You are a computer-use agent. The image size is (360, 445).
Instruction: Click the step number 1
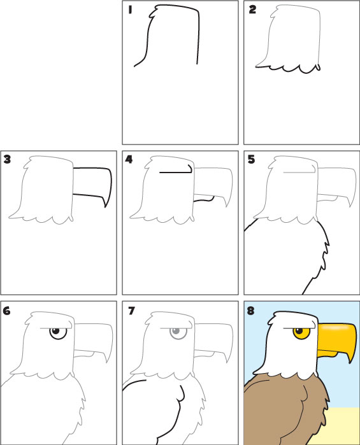click(130, 10)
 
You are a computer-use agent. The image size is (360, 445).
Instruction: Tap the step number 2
click(252, 10)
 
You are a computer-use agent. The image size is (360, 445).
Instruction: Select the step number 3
click(7, 159)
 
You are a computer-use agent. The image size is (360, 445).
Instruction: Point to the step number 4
click(129, 159)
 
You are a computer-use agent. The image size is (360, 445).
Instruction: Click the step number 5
click(251, 160)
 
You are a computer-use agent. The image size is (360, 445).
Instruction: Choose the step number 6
click(7, 311)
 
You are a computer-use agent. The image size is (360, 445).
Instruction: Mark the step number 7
click(131, 311)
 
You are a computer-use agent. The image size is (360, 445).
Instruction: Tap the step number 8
click(250, 311)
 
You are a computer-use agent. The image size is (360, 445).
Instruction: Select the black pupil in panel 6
click(55, 331)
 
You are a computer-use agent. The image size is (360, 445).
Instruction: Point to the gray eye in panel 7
click(178, 333)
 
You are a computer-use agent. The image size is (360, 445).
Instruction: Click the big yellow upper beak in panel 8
click(338, 339)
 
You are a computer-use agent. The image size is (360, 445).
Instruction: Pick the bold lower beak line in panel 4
click(204, 199)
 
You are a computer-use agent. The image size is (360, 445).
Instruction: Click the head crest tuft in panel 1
click(154, 13)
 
